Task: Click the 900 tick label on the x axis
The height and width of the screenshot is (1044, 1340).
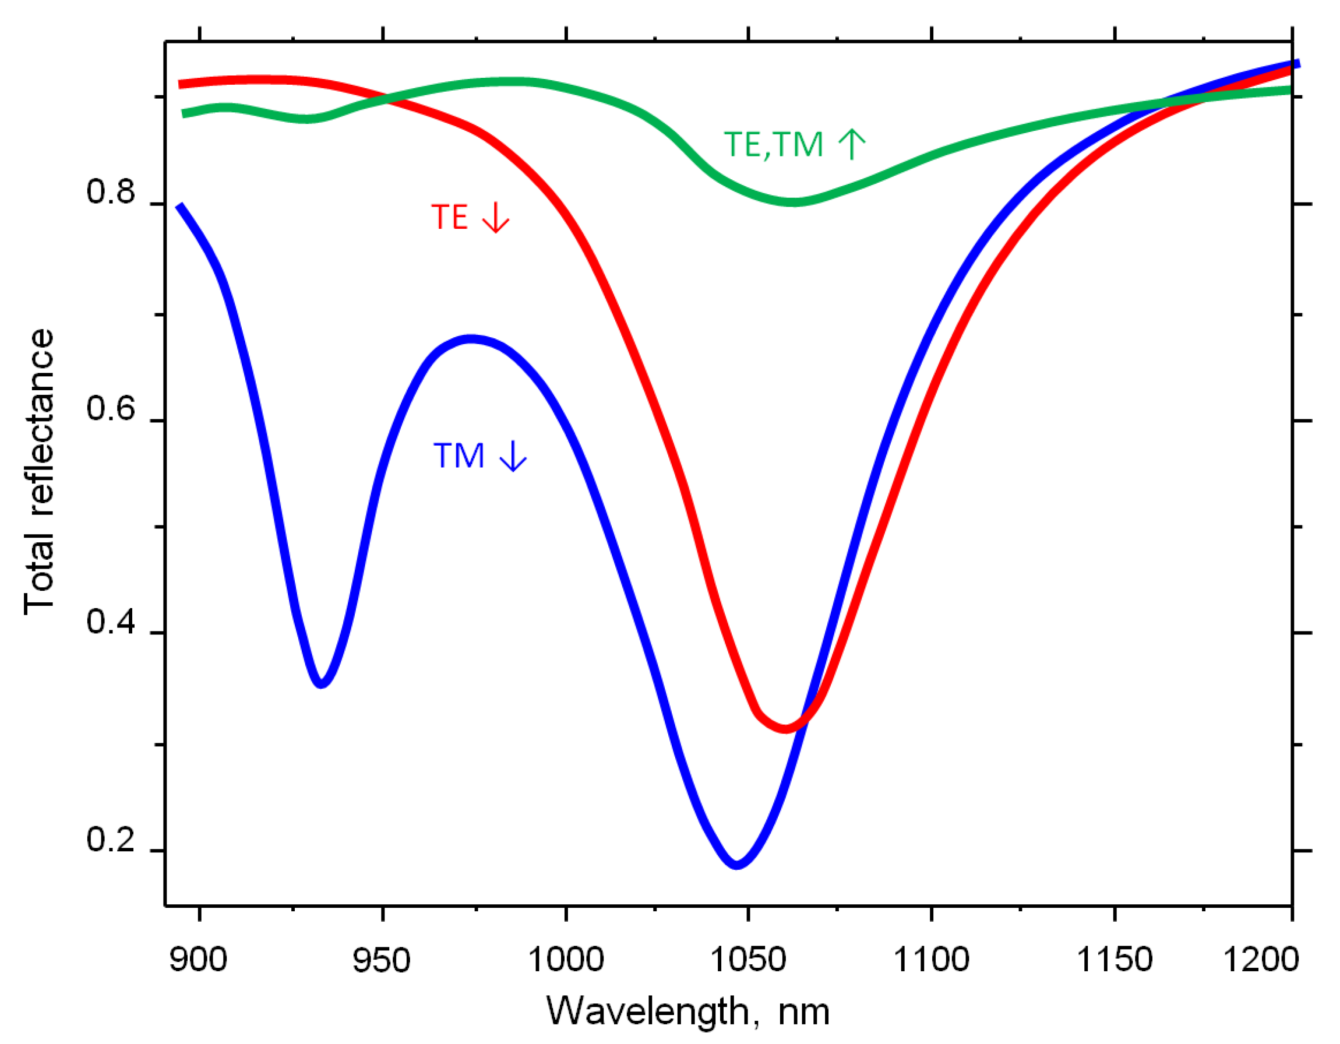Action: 198,960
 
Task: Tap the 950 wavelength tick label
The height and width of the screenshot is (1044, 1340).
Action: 381,960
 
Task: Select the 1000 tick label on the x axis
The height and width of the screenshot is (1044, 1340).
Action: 565,960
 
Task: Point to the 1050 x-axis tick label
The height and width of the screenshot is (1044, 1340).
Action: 748,960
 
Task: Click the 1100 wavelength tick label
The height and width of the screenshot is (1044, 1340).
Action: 931,960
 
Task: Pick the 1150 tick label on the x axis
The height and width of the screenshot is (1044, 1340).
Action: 1114,960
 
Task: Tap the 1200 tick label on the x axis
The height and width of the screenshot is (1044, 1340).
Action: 1261,960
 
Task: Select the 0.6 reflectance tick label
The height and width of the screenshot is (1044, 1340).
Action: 110,409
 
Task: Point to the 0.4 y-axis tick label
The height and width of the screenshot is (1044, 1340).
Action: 110,622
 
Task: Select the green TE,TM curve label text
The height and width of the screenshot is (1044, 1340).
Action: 773,145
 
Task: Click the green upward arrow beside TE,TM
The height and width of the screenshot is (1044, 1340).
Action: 852,144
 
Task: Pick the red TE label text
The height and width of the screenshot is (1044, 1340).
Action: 450,217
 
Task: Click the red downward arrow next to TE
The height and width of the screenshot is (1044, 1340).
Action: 496,217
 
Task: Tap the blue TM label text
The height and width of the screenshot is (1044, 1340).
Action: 459,456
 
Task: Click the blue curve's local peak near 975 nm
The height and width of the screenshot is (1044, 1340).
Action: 471,339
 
